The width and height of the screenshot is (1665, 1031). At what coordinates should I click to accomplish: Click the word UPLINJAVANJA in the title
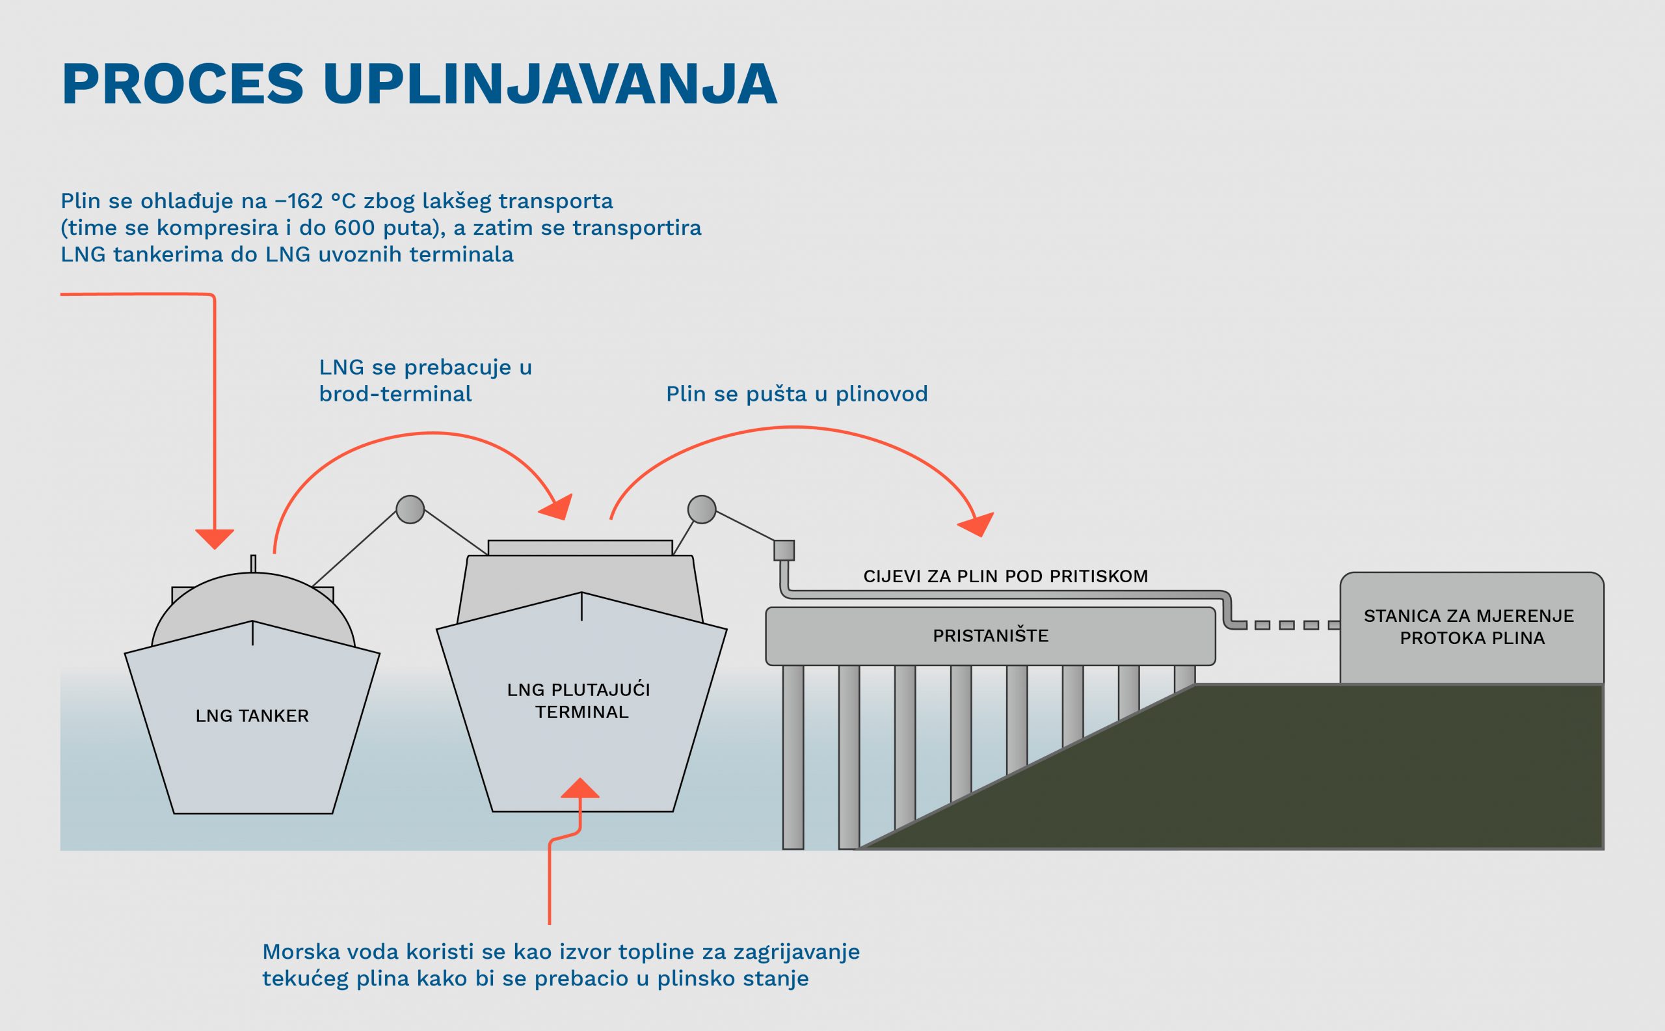click(x=550, y=85)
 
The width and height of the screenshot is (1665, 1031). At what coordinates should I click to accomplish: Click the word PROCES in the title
click(x=183, y=85)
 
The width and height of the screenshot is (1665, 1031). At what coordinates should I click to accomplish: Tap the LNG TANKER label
click(x=252, y=716)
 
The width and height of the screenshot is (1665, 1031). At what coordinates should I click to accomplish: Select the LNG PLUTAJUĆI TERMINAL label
click(x=579, y=701)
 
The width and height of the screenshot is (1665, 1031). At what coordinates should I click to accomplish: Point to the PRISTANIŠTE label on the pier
click(x=990, y=636)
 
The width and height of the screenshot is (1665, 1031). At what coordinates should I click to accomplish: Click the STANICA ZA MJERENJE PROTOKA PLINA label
click(x=1471, y=627)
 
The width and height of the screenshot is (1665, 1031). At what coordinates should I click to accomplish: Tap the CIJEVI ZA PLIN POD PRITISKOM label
click(x=1006, y=577)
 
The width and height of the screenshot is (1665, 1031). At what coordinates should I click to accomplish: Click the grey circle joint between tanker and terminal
click(x=410, y=509)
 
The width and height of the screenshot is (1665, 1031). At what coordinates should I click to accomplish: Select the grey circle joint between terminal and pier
click(x=702, y=509)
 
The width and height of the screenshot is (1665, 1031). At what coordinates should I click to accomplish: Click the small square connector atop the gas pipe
click(x=784, y=550)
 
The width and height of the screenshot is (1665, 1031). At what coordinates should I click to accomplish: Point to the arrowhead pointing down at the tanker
click(x=215, y=539)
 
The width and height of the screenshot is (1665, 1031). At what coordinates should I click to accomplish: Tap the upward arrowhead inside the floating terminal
click(x=580, y=788)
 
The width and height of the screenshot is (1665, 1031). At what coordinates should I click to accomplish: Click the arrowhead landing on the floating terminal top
click(x=557, y=508)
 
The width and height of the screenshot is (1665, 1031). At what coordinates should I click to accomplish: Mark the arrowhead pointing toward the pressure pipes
click(x=977, y=524)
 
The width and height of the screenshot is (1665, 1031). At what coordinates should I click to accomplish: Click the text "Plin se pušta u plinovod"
click(x=796, y=394)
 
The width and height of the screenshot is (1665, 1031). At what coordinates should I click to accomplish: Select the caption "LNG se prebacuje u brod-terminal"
click(x=425, y=381)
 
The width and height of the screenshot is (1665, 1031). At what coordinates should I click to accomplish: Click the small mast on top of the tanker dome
click(x=253, y=564)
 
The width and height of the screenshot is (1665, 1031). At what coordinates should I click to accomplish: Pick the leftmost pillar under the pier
click(x=793, y=757)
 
